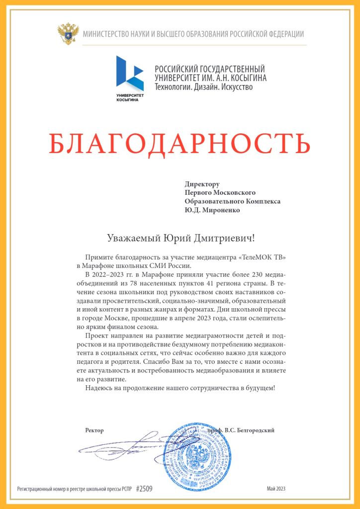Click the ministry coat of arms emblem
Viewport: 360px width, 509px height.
pos(68,34)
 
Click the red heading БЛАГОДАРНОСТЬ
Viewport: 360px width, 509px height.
pos(180,143)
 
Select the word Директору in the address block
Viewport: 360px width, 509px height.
pos(202,184)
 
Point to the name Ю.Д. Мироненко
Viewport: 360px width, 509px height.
pos(212,210)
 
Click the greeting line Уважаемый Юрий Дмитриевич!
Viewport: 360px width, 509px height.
pos(180,238)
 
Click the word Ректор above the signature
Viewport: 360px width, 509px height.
pos(94,430)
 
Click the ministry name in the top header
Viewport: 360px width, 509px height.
pos(193,34)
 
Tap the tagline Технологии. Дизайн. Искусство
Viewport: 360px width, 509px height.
pos(204,87)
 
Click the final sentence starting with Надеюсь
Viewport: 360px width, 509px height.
pos(180,388)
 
